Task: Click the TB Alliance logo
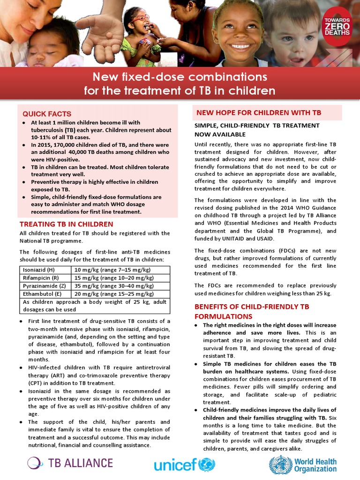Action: point(70,463)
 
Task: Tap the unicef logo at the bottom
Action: point(183,465)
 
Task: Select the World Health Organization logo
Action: point(303,465)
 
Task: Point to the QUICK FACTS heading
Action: point(47,114)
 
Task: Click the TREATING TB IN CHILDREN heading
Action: point(66,224)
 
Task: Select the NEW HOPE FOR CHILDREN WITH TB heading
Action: point(259,112)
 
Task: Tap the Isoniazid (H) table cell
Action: point(45,270)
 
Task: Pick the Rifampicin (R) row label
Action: point(45,277)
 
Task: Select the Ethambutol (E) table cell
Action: point(45,294)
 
